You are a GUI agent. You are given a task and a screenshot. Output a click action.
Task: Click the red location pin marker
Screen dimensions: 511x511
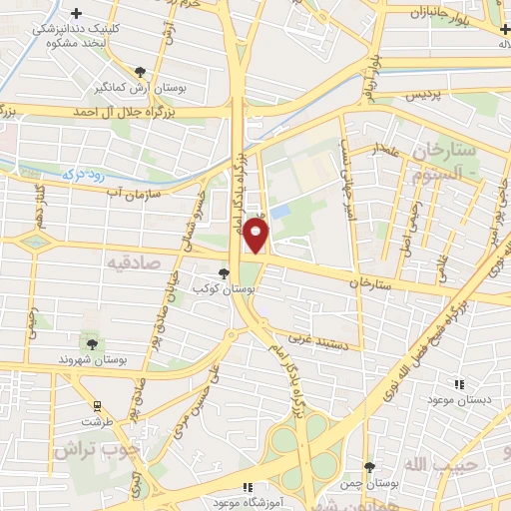(x=256, y=236)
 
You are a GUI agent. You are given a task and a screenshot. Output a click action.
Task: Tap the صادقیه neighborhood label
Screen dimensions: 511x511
(x=136, y=260)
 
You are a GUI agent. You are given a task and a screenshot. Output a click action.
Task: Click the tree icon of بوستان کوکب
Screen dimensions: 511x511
(x=223, y=271)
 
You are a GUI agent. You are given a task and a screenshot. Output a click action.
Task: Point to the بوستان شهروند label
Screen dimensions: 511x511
(x=93, y=357)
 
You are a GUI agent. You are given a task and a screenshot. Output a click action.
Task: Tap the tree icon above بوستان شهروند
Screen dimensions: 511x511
(x=93, y=343)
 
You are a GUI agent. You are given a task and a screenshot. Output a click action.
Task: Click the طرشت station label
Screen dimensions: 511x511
(x=97, y=422)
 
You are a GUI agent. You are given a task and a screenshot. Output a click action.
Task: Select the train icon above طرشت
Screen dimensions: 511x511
(x=97, y=407)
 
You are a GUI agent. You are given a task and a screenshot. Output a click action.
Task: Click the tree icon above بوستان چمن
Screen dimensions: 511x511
(x=369, y=467)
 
